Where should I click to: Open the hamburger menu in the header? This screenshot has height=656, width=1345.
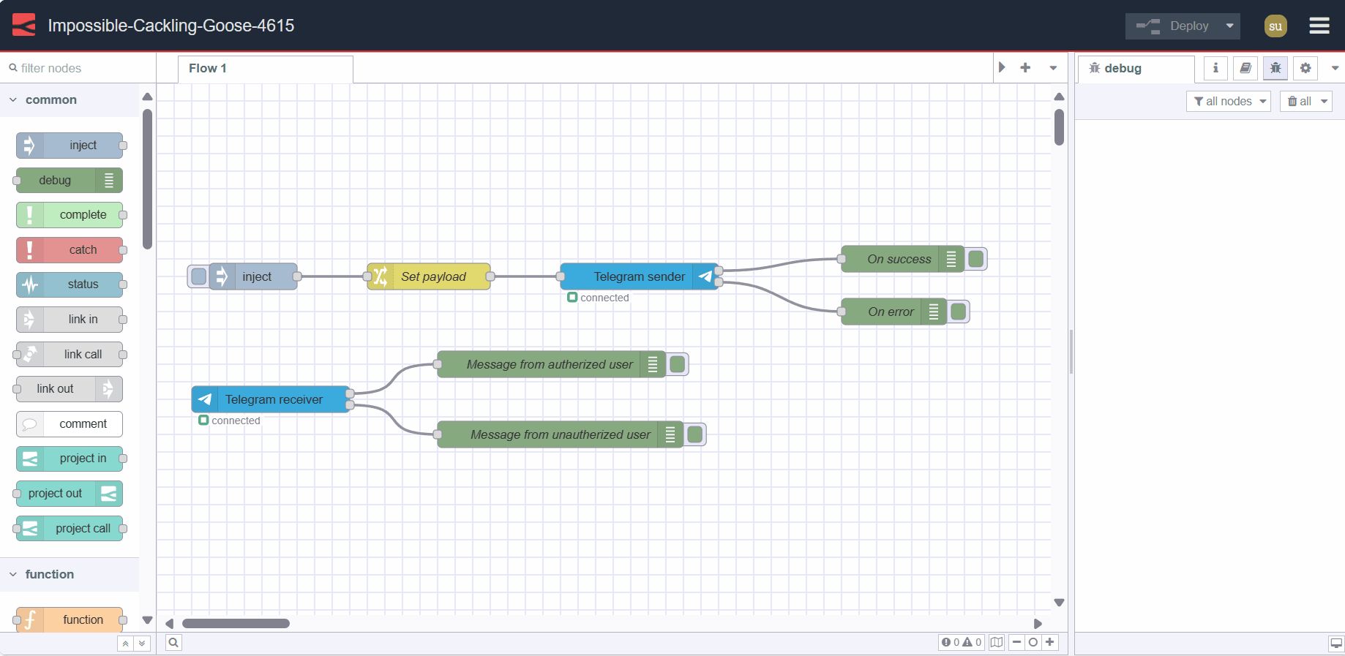pos(1319,26)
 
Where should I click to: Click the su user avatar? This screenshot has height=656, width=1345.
pos(1275,26)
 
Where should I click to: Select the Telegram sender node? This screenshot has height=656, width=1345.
pos(639,276)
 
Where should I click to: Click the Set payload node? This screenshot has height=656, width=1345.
pos(432,276)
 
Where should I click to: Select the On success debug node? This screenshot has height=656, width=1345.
pos(898,259)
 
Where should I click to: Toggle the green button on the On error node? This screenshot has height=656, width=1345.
pos(958,312)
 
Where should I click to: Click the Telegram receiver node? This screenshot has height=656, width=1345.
pos(273,399)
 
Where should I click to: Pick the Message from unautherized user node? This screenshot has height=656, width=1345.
pos(559,434)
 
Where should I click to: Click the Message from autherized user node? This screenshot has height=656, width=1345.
pos(549,364)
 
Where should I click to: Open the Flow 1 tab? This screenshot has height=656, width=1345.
pos(208,68)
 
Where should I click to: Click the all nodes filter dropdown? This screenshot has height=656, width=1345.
pos(1228,101)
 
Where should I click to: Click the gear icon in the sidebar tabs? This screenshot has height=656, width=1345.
pos(1305,68)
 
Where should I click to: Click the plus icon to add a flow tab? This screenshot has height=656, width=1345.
pos(1025,67)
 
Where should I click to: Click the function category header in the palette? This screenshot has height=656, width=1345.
pos(49,574)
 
